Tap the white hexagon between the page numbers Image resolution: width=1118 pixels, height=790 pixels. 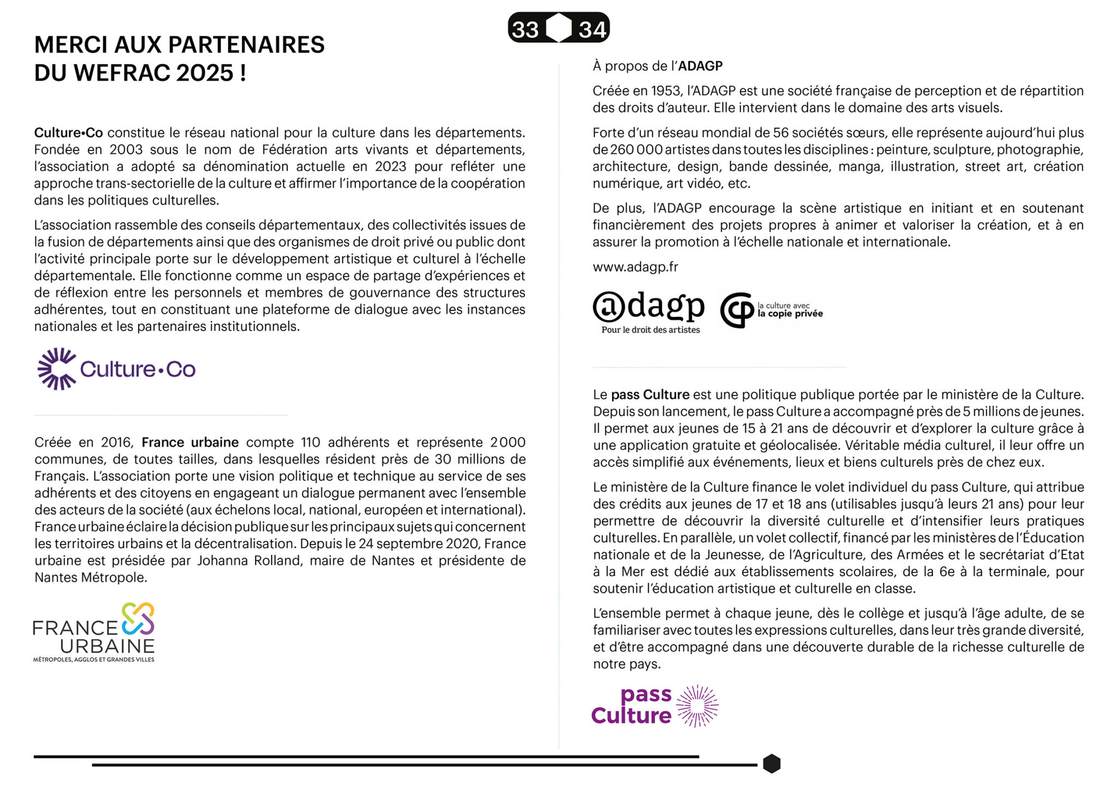point(559,28)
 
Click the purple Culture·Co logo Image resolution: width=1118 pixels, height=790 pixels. point(116,369)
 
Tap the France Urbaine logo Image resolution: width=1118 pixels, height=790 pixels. point(94,632)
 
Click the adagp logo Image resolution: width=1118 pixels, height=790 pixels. point(649,308)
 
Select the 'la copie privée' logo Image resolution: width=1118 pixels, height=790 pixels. point(771,310)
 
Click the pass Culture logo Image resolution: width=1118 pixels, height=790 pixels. point(655,705)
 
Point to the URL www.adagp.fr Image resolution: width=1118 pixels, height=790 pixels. point(635,267)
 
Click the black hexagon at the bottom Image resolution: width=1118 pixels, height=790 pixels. point(771,764)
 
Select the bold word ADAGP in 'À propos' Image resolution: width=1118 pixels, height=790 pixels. point(700,67)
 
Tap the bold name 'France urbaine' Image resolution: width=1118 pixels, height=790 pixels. point(190,442)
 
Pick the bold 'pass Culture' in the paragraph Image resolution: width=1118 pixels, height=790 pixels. point(650,395)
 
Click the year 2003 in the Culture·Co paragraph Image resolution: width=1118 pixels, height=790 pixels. point(127,150)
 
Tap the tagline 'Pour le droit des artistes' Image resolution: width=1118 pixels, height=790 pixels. point(650,330)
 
